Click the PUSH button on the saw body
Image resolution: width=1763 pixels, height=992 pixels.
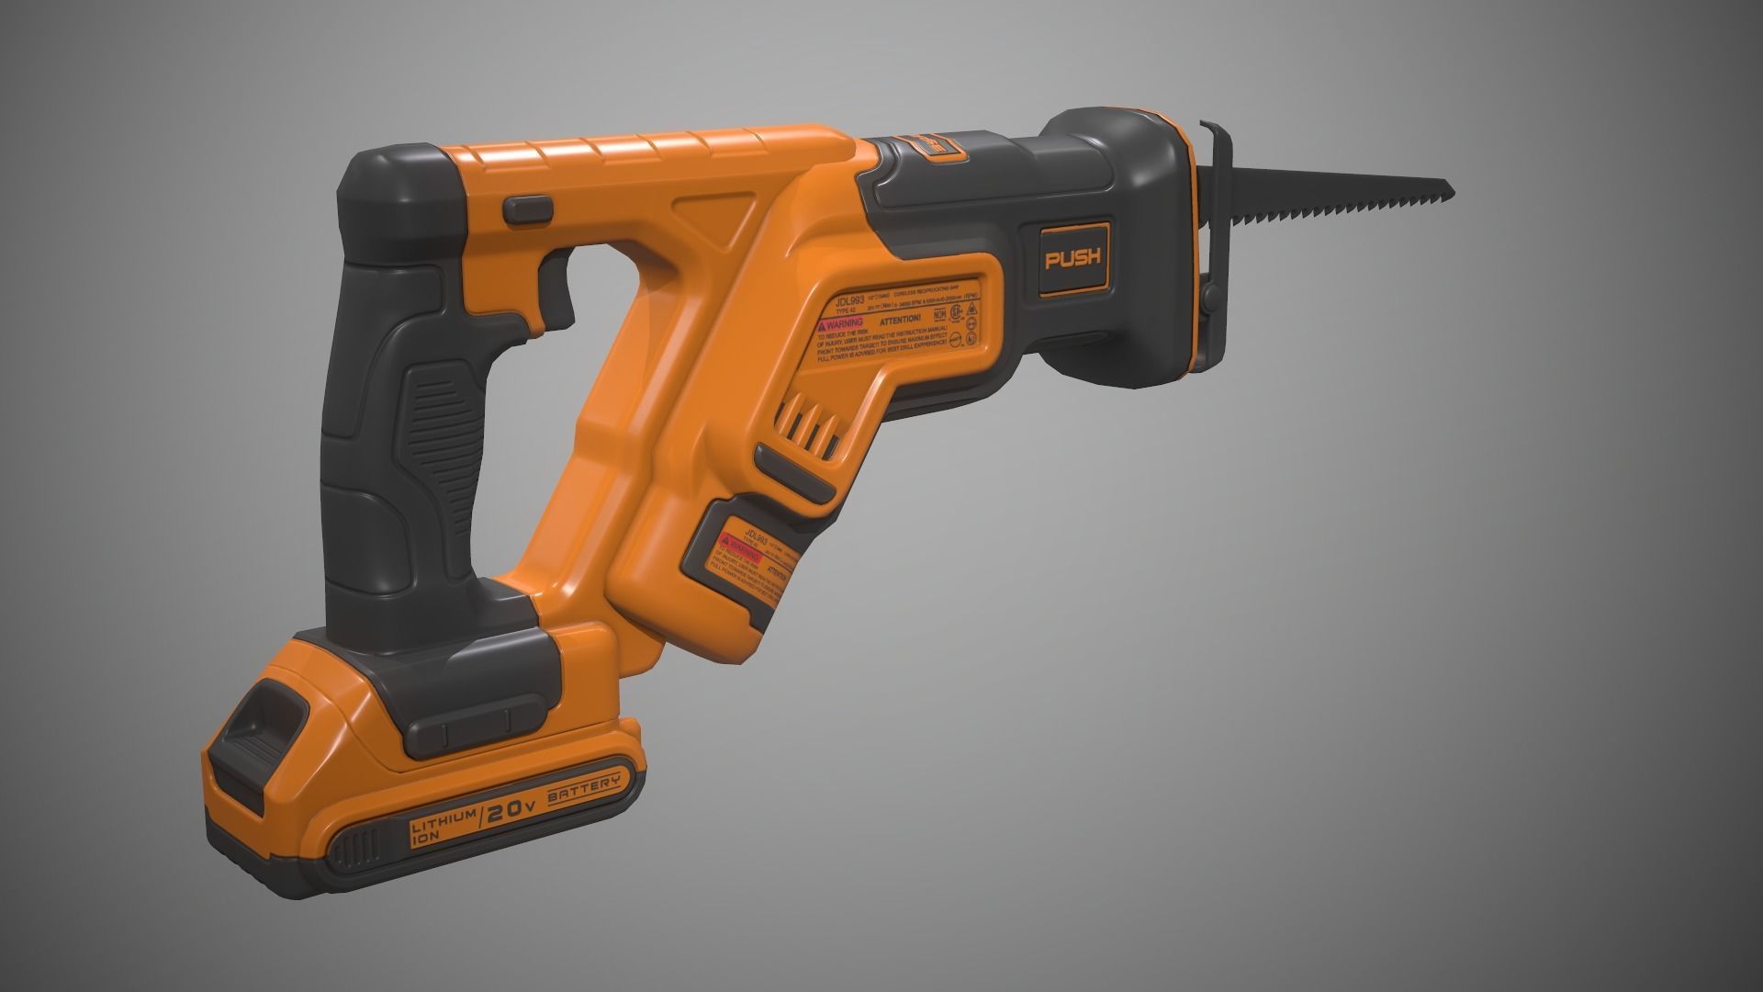point(1073,259)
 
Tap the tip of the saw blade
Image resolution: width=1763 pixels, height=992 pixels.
point(1451,189)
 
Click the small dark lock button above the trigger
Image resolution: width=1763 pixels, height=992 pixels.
point(527,209)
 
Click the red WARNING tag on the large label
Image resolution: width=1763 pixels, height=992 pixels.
point(841,325)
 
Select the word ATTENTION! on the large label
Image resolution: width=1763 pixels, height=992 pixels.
point(899,320)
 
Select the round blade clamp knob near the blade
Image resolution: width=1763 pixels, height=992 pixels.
point(1207,297)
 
